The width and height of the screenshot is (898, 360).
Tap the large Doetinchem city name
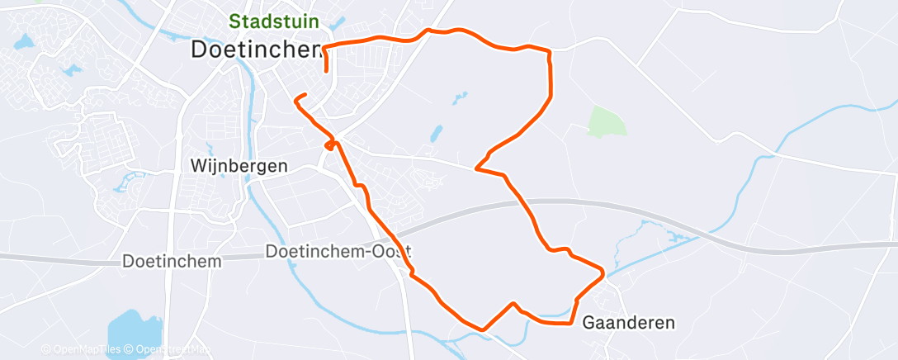257,50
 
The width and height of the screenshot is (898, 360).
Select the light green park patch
607,121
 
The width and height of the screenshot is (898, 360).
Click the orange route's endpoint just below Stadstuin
327,70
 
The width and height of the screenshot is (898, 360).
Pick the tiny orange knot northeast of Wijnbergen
331,145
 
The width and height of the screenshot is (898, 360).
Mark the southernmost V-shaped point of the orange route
482,329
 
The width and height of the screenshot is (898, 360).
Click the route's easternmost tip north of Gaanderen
604,272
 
